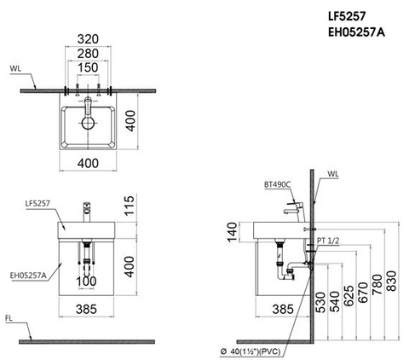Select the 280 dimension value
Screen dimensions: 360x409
[x=89, y=54]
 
